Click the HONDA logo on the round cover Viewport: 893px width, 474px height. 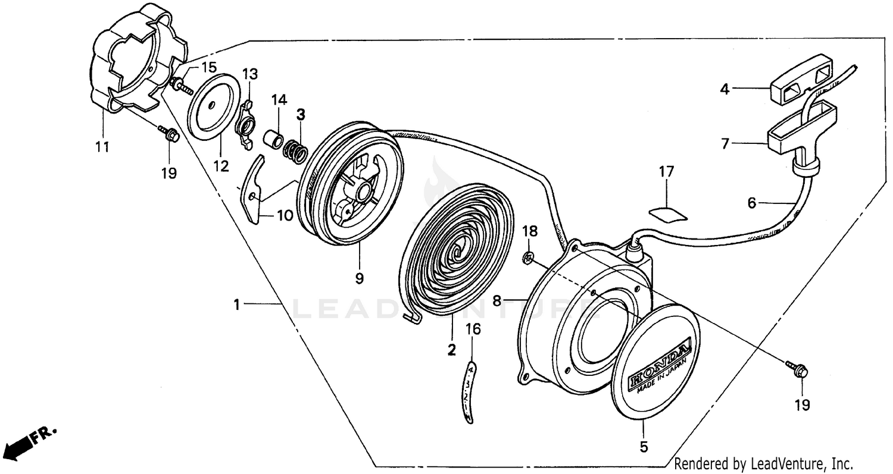coord(660,363)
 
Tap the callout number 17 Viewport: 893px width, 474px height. coord(666,172)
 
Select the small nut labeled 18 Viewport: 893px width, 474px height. coord(527,257)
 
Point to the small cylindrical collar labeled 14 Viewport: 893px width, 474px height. coord(273,142)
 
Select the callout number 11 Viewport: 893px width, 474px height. coord(102,146)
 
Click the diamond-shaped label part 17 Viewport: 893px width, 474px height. coord(666,213)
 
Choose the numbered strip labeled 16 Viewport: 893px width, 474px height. coord(470,393)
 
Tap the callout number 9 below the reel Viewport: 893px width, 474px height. coord(359,277)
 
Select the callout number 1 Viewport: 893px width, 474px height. coord(236,305)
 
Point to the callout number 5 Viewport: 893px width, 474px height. coord(644,445)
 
